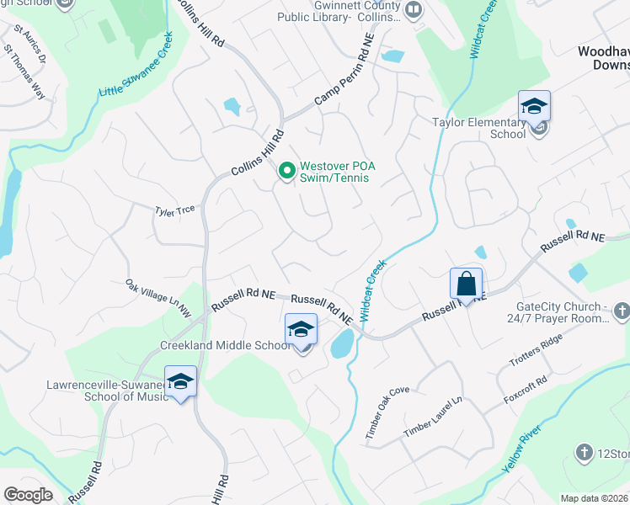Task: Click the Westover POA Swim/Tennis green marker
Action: click(286, 172)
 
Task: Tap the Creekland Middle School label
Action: click(226, 346)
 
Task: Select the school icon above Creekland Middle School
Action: click(301, 330)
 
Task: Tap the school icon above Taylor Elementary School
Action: click(533, 107)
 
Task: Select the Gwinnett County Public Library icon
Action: click(413, 10)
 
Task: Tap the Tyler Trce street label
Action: click(174, 211)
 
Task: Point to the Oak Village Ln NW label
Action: click(158, 299)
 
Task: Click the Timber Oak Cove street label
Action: click(387, 412)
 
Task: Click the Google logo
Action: click(27, 495)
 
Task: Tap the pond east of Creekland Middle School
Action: click(342, 344)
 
